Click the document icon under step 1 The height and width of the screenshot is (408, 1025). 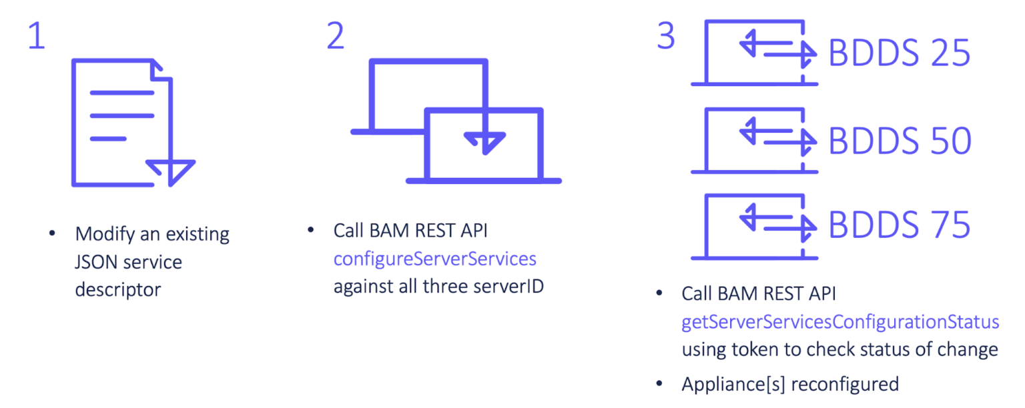click(x=127, y=123)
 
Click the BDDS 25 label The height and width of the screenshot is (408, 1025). click(x=899, y=53)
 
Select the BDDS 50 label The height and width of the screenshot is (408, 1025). click(x=899, y=140)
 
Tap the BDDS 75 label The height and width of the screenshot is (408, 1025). click(x=899, y=225)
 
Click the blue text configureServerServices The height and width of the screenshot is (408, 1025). click(x=434, y=259)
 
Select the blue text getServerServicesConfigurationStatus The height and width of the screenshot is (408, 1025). click(x=839, y=322)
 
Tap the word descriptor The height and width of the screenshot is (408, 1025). click(x=117, y=289)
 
